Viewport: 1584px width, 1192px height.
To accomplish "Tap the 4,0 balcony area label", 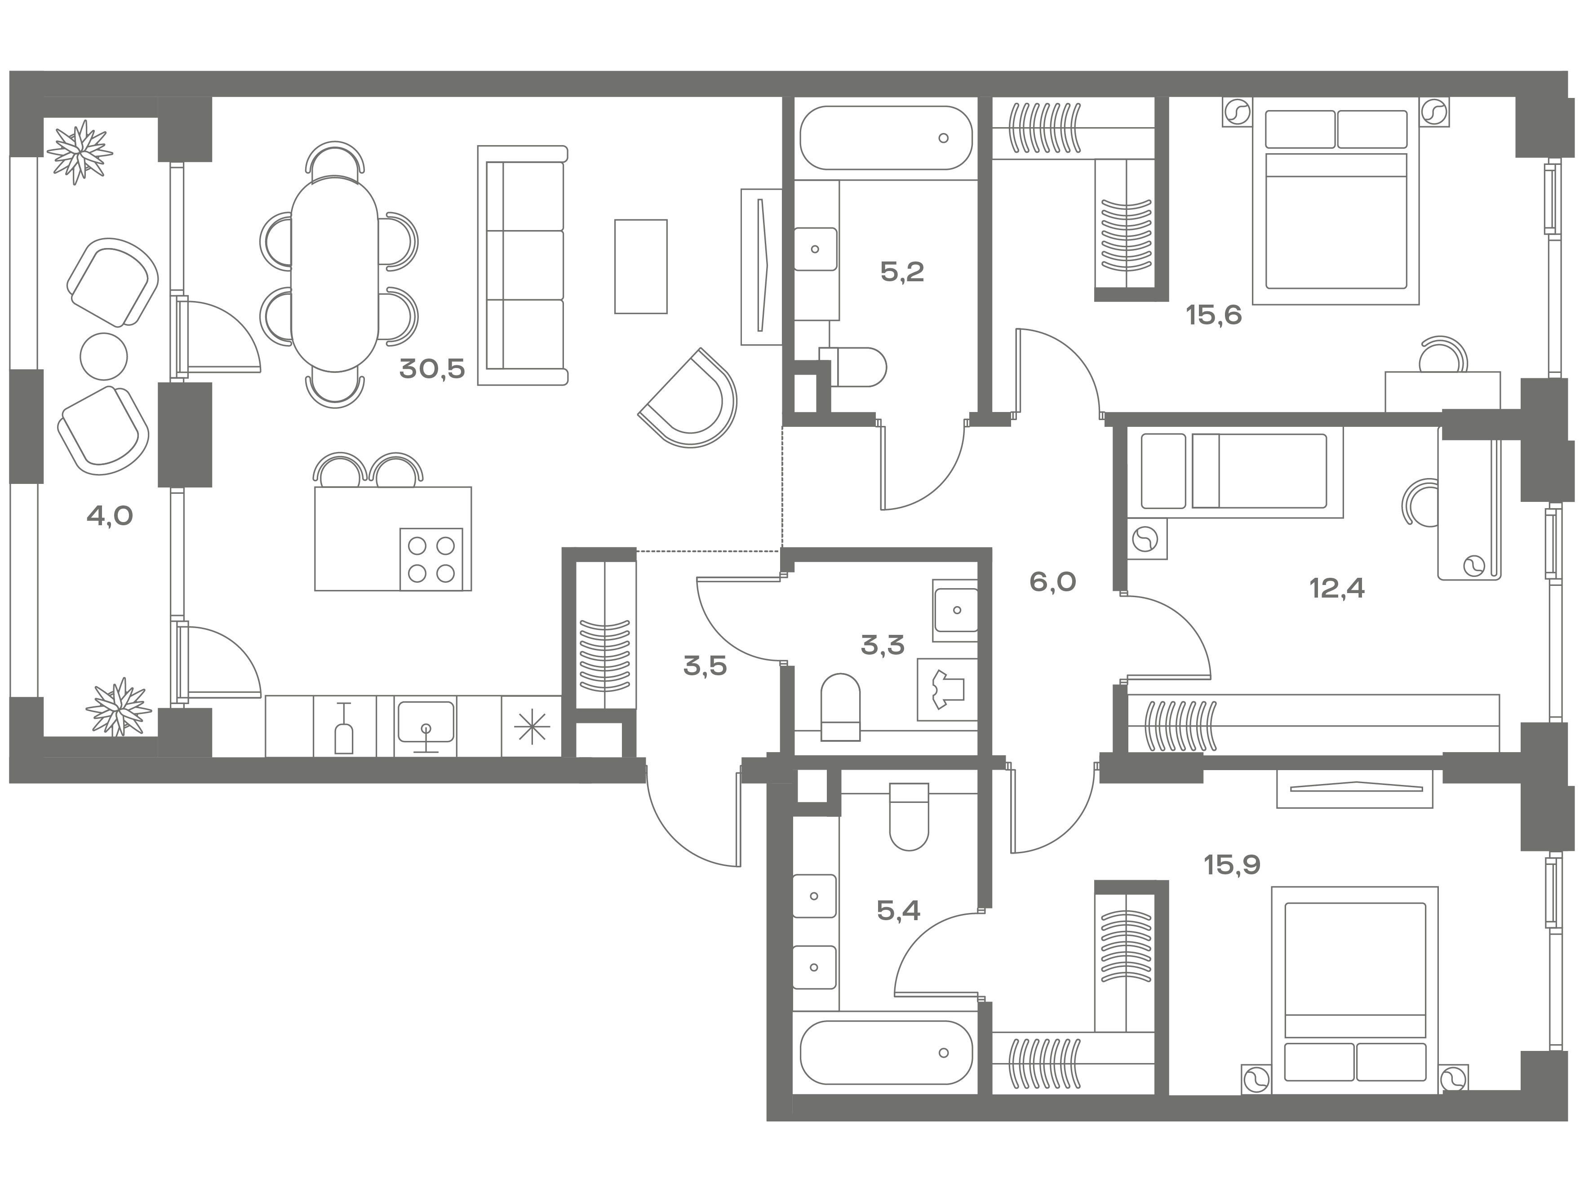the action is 110,515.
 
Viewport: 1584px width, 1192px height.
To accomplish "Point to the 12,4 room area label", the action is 1337,589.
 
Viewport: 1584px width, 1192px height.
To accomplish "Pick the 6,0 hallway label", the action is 1053,582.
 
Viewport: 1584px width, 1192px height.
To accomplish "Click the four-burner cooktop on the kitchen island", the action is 431,559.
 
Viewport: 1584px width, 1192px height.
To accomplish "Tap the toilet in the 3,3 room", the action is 840,707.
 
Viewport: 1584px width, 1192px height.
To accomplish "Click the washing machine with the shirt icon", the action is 947,689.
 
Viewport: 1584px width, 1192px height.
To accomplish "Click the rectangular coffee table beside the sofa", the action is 641,266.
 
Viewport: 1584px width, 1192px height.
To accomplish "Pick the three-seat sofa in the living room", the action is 523,266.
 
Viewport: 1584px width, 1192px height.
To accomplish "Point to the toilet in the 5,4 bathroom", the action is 909,816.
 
